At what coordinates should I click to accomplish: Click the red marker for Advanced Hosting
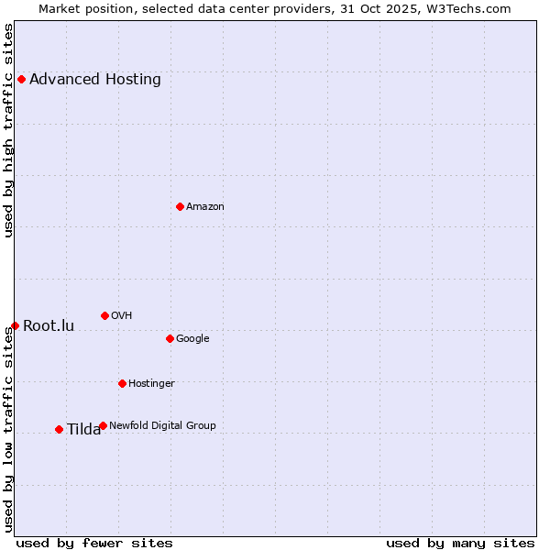pos(21,79)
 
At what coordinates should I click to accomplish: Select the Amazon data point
pos(180,206)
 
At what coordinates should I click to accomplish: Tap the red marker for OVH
pos(104,315)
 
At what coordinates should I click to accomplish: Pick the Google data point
pos(170,338)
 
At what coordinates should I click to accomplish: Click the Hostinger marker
pos(122,383)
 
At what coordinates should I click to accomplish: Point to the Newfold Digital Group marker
pos(103,425)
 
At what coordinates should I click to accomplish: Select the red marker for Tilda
pos(59,429)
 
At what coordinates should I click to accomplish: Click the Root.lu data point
pos(15,325)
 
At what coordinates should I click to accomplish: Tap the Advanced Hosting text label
pos(95,79)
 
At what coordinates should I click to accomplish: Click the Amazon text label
pos(205,206)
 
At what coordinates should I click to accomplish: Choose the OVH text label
pos(122,315)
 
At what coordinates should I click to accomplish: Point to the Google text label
pos(192,338)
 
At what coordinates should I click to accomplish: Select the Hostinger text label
pos(151,383)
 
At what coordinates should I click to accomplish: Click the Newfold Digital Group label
pos(162,425)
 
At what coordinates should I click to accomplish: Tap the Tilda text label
pos(83,429)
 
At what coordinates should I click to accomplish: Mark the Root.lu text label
pos(49,325)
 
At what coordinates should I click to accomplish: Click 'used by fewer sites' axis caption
pos(94,543)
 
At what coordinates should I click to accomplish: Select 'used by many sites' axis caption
pos(460,543)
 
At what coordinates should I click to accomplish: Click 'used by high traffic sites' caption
pos(8,130)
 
